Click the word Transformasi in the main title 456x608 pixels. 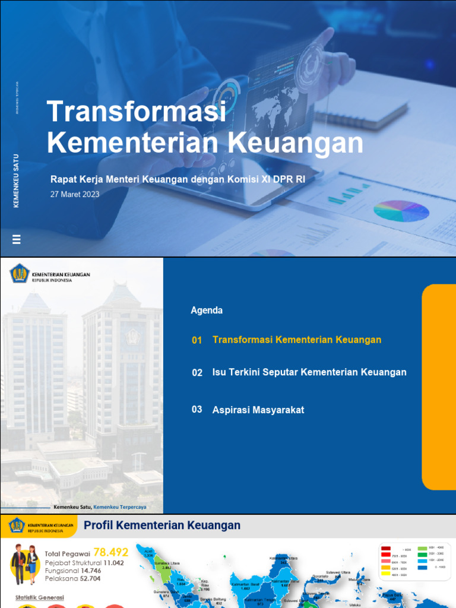pos(137,112)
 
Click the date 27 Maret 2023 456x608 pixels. pos(75,194)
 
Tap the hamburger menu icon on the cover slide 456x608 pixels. pos(17,239)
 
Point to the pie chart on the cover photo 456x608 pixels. pos(401,211)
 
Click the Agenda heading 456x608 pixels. pos(207,311)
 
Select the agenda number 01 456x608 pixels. pos(197,340)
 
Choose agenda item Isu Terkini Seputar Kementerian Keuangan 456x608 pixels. pos(309,372)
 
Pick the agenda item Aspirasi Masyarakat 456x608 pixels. pos(258,410)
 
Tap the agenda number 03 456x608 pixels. pos(197,410)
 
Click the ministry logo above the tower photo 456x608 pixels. pos(20,274)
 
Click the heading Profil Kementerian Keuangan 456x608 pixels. pos(162,525)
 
